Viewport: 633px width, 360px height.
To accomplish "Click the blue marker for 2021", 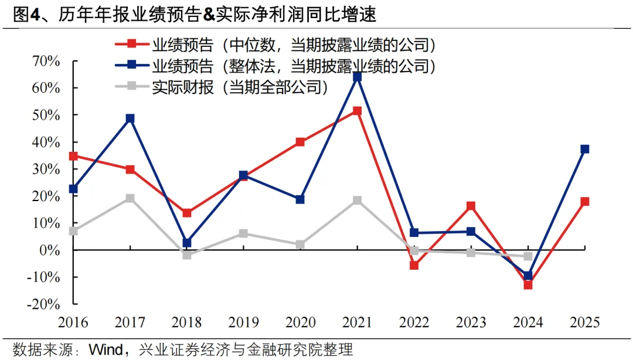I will click(x=357, y=77).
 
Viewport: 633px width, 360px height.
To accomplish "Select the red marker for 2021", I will click(x=357, y=111).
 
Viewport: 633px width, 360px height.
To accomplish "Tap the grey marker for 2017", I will click(x=130, y=198).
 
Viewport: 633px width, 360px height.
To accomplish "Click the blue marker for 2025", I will click(x=584, y=150).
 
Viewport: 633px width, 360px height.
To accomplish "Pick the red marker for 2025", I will click(x=584, y=202).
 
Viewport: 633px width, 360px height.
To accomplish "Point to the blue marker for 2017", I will click(x=130, y=118).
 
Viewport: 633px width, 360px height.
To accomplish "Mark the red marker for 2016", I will click(x=73, y=157).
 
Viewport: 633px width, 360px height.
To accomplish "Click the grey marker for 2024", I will click(x=527, y=256).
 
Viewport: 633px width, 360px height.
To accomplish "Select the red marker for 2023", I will click(x=471, y=206).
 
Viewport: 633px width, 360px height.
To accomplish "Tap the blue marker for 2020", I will click(x=300, y=199).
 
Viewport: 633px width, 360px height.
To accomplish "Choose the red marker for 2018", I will click(x=186, y=213).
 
